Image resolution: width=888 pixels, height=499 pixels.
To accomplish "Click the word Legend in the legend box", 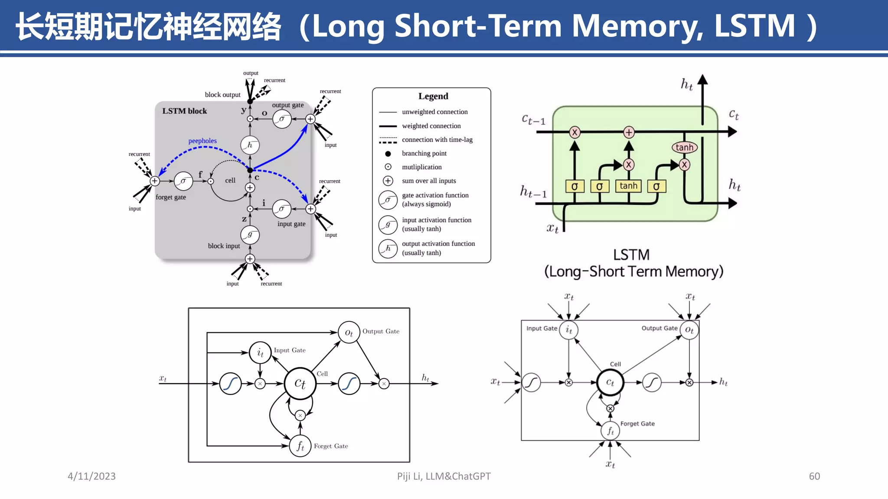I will point(433,96).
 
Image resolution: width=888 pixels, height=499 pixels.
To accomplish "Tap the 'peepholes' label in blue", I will point(202,141).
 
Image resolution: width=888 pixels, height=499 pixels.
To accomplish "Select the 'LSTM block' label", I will point(184,111).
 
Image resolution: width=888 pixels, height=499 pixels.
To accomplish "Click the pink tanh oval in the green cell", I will point(684,147).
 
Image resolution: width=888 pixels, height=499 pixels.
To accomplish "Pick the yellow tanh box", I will point(628,186).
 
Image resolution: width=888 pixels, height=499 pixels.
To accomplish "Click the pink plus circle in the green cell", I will point(629,132).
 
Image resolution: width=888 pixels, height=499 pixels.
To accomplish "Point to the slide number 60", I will point(814,476).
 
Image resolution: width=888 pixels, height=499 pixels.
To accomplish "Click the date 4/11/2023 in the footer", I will point(91,476).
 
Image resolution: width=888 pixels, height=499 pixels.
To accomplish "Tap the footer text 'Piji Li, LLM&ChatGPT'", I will point(444,476).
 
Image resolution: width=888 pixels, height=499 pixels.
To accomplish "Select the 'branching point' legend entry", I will point(424,153).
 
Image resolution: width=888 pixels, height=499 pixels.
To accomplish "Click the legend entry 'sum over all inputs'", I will point(428,181).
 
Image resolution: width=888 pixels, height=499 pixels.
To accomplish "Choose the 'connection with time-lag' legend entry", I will point(437,139).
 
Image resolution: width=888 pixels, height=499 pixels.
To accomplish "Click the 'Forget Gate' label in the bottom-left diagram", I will point(331,446).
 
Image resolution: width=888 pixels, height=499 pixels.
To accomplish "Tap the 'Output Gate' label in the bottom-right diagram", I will point(659,328).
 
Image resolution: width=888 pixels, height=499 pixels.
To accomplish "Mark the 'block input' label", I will point(224,246).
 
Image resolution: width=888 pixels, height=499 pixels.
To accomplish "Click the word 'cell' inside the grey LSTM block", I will point(230,180).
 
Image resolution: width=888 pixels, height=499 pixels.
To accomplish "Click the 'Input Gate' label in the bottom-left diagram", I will point(290,350).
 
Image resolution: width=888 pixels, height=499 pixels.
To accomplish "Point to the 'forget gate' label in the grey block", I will point(171,197).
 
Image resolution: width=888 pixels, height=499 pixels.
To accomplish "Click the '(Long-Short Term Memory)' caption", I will point(633,272).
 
